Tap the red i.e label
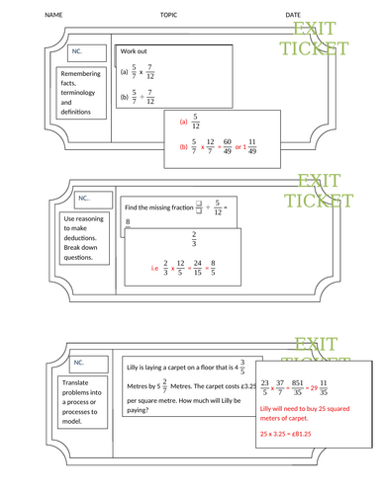[x=154, y=267]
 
